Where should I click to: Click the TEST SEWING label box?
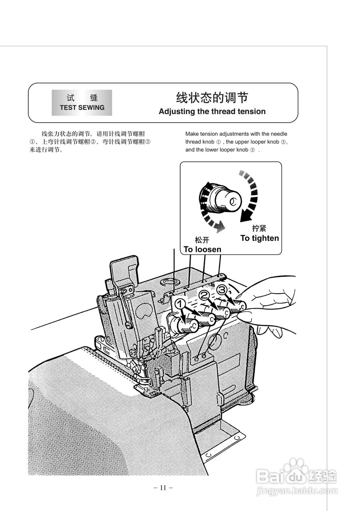click(x=82, y=103)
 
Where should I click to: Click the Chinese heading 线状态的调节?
click(x=212, y=98)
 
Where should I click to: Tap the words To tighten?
click(x=259, y=238)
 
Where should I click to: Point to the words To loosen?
click(x=202, y=249)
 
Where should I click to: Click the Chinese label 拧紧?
click(x=259, y=228)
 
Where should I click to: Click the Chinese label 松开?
click(x=202, y=240)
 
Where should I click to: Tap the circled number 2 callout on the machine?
click(x=204, y=295)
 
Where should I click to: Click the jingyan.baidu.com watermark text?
click(x=295, y=490)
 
